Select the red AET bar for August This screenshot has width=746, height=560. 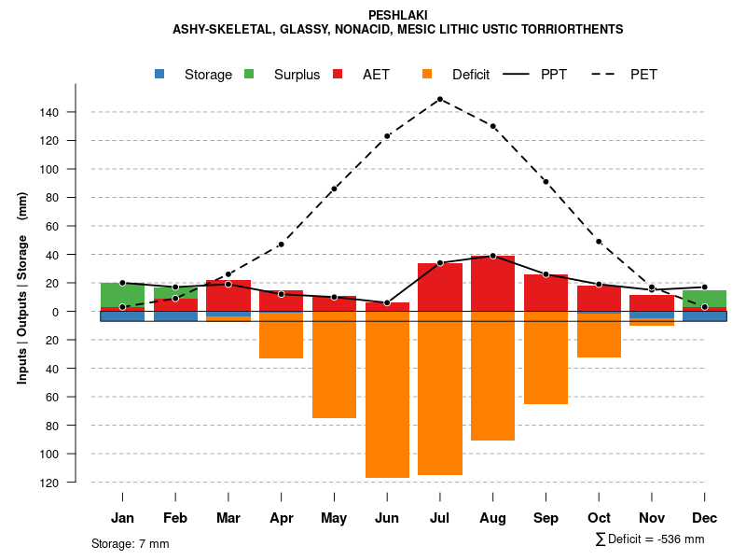pyautogui.click(x=492, y=284)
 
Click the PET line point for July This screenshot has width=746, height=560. pyautogui.click(x=440, y=99)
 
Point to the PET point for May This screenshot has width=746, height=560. pyautogui.click(x=334, y=189)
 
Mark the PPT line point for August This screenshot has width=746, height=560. pyautogui.click(x=492, y=256)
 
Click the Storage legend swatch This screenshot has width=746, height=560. pyautogui.click(x=160, y=75)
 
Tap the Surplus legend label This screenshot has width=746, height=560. pyautogui.click(x=297, y=75)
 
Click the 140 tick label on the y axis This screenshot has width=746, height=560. pyautogui.click(x=75, y=113)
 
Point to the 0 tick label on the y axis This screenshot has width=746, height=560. pyautogui.click(x=81, y=312)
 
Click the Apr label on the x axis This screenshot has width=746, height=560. pyautogui.click(x=281, y=518)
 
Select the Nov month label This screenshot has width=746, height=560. pyautogui.click(x=652, y=518)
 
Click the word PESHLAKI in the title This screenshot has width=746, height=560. pyautogui.click(x=397, y=15)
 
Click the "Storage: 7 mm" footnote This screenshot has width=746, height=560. pyautogui.click(x=131, y=543)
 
